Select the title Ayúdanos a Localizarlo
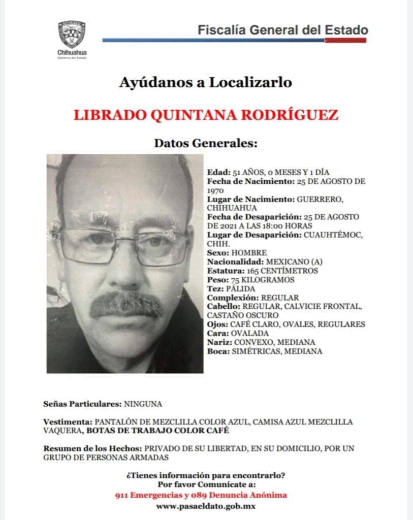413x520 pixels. [206, 82]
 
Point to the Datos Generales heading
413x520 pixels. [206, 144]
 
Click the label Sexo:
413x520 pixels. [217, 252]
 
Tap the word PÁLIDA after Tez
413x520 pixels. [241, 288]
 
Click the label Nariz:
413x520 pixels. [219, 342]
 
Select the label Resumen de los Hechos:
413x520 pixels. [93, 448]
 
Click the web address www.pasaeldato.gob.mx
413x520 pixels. [206, 506]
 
